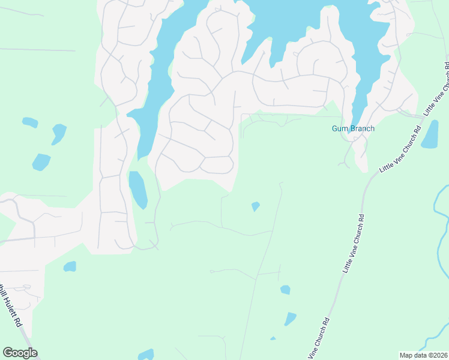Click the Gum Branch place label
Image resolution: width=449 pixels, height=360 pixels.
click(353, 128)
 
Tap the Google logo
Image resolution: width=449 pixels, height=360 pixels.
click(20, 353)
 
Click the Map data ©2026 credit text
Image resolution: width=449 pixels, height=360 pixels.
click(424, 355)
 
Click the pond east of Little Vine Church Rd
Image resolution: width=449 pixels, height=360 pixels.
click(430, 135)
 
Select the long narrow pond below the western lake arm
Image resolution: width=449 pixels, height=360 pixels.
click(138, 190)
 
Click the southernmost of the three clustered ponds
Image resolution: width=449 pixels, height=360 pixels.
click(41, 162)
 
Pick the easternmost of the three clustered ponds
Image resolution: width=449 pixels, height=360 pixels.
click(59, 133)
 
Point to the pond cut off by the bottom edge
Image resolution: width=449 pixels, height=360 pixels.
click(146, 355)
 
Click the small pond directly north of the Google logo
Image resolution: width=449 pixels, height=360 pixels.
click(70, 266)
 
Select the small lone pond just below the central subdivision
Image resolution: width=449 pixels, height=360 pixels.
click(255, 206)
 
